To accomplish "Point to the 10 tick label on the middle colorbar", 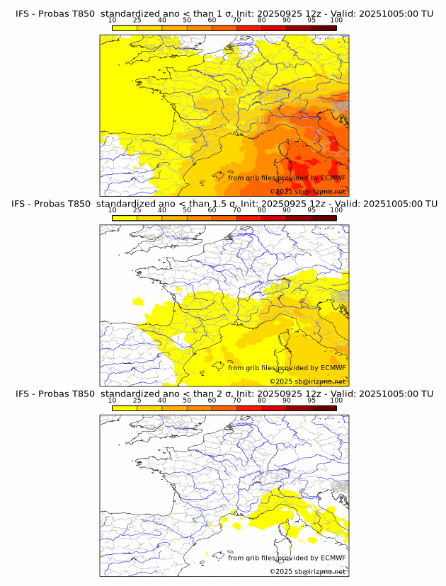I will [113, 210].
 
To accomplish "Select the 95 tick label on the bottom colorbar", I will [311, 400].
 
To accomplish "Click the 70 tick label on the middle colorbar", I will [236, 210].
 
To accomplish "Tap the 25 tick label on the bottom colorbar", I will [137, 400].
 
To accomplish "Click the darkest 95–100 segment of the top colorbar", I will [324, 27].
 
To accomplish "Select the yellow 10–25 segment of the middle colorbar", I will [125, 218].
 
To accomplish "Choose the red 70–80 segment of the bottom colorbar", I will [249, 408].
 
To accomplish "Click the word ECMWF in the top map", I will [333, 178].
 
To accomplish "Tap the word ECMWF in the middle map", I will [333, 367].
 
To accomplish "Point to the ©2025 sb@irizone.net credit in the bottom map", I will [307, 571].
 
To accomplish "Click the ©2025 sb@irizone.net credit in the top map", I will [307, 192].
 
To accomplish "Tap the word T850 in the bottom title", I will [84, 393].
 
